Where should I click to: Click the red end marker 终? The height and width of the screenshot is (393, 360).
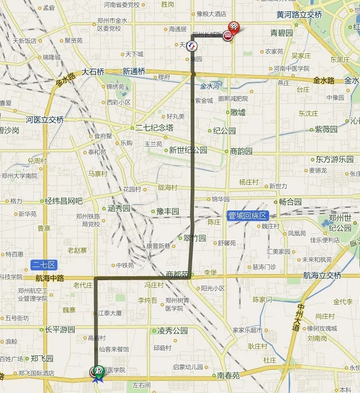click(x=234, y=26)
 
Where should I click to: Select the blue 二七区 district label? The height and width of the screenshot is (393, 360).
click(x=44, y=265)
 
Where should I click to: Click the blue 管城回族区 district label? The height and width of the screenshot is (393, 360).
click(x=247, y=216)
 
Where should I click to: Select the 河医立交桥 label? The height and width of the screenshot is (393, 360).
click(x=45, y=119)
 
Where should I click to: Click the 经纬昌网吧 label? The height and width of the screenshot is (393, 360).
click(x=64, y=201)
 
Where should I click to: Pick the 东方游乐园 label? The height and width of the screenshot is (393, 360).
click(x=334, y=160)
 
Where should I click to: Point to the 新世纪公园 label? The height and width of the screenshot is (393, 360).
click(x=188, y=150)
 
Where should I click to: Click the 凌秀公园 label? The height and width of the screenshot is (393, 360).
click(x=172, y=330)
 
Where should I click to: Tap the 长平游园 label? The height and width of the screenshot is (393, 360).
click(x=59, y=330)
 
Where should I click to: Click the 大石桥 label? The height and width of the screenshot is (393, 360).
click(x=93, y=71)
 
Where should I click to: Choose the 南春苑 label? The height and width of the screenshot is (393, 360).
click(x=228, y=376)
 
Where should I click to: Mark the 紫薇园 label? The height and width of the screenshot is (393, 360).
click(x=326, y=129)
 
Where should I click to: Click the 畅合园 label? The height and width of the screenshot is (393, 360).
click(x=290, y=202)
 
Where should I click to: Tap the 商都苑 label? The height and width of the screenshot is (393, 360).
click(x=177, y=275)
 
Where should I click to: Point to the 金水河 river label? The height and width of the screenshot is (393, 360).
click(x=210, y=86)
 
